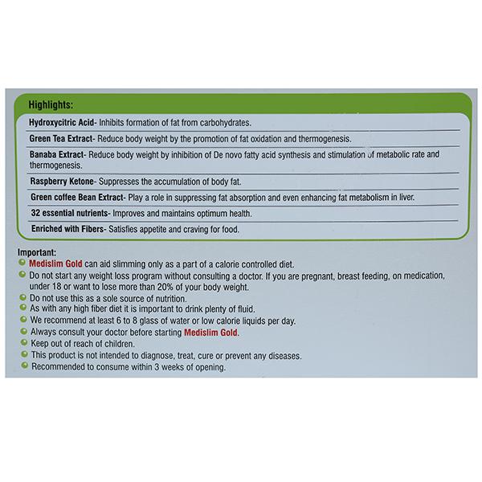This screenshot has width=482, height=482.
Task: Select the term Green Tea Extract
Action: [x=62, y=138]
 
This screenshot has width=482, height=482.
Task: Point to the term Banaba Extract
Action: [x=56, y=153]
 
